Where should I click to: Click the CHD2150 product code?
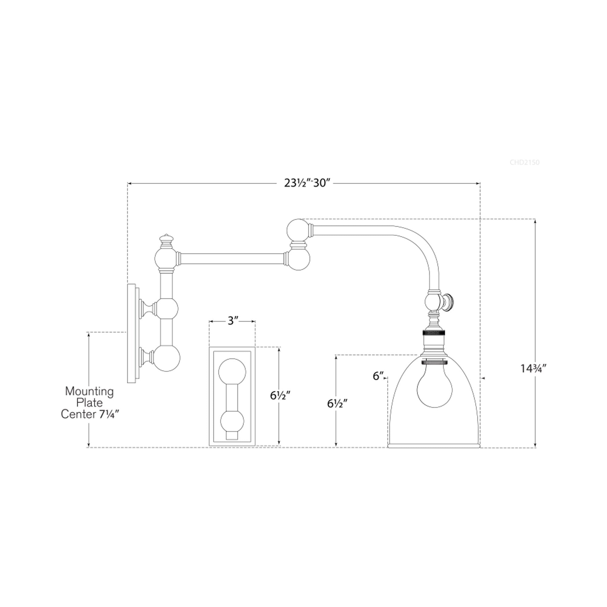point(524,162)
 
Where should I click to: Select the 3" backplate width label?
point(232,321)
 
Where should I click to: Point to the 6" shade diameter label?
point(378,376)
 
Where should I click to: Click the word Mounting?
point(89,391)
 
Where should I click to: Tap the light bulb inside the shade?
point(434,387)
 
